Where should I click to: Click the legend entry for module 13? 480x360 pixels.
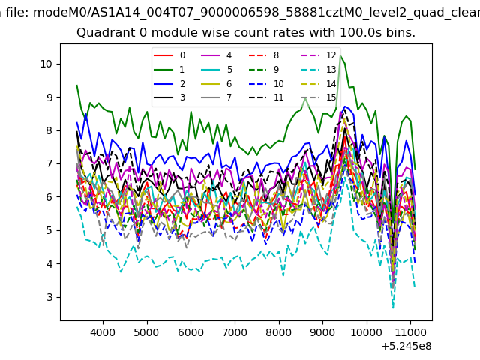point(318,70)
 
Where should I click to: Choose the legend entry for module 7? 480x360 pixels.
point(217,97)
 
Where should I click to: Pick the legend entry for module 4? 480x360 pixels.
point(217,55)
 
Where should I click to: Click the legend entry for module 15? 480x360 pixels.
point(318,97)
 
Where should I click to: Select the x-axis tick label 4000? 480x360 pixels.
point(103,332)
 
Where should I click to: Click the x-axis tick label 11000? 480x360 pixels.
point(410,332)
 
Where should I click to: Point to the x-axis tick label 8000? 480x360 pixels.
point(279,332)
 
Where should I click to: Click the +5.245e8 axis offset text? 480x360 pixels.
point(406,346)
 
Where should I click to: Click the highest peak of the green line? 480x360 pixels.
point(340,56)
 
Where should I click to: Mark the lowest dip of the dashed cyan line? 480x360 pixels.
point(393,307)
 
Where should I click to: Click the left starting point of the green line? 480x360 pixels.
point(76,85)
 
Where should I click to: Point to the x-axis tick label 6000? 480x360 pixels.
point(190,332)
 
